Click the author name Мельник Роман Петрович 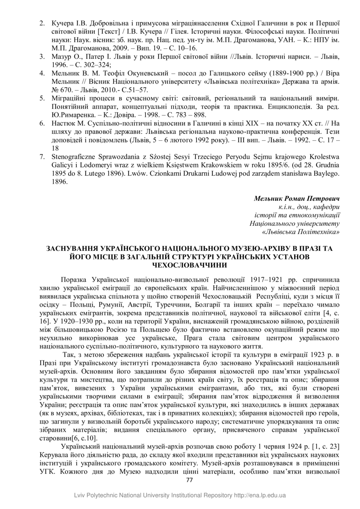click(x=297, y=199)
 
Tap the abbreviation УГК click(x=48, y=471)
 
